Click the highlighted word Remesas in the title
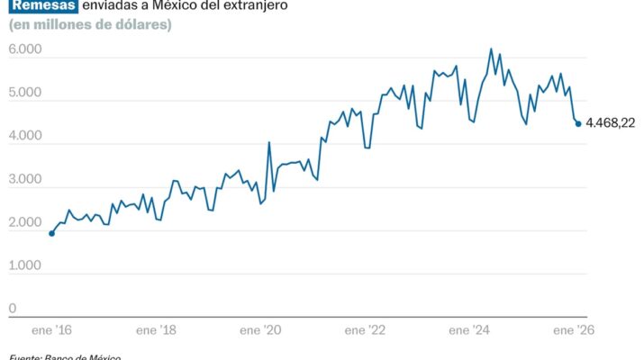coord(42,5)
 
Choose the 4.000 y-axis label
coord(25,136)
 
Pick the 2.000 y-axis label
coord(25,222)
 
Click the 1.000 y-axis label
coord(25,265)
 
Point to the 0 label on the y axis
coord(13,309)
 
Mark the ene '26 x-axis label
coord(575,331)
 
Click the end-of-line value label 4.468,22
coord(610,123)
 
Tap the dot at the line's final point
coord(578,123)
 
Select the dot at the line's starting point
coord(51,233)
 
